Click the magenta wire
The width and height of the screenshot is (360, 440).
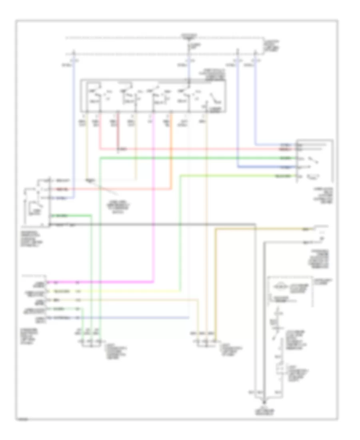(x=154, y=200)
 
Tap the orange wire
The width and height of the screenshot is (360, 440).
(x=171, y=160)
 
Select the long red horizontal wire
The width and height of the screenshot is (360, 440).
(x=200, y=149)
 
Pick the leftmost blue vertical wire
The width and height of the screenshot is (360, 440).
(x=74, y=120)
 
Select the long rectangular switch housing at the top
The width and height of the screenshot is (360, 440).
(x=153, y=96)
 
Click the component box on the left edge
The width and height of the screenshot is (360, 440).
(x=37, y=202)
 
